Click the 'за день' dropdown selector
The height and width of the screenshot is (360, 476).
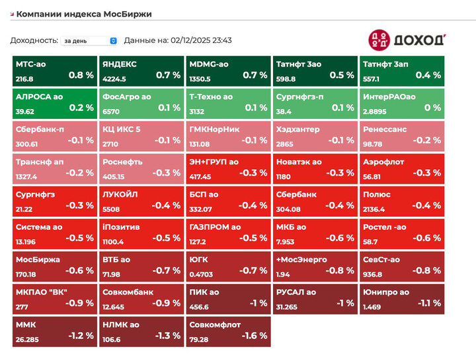[89, 40]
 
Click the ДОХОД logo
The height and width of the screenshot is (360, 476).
[407, 39]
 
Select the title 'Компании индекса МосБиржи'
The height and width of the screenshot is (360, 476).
[84, 13]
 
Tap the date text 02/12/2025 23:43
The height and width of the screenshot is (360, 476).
[201, 40]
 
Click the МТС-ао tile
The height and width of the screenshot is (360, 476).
[54, 71]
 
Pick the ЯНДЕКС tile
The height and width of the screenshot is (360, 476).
[141, 71]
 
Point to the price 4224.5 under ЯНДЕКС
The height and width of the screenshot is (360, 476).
[114, 79]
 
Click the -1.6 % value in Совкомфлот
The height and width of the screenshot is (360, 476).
[253, 336]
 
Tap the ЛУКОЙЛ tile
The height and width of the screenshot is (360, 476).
[141, 201]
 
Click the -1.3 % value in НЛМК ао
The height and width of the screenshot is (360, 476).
[167, 336]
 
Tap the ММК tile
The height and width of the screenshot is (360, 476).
[54, 331]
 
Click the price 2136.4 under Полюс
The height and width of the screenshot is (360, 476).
[374, 209]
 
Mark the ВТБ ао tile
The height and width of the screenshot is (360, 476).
[141, 266]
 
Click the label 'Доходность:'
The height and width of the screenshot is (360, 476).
[34, 40]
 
